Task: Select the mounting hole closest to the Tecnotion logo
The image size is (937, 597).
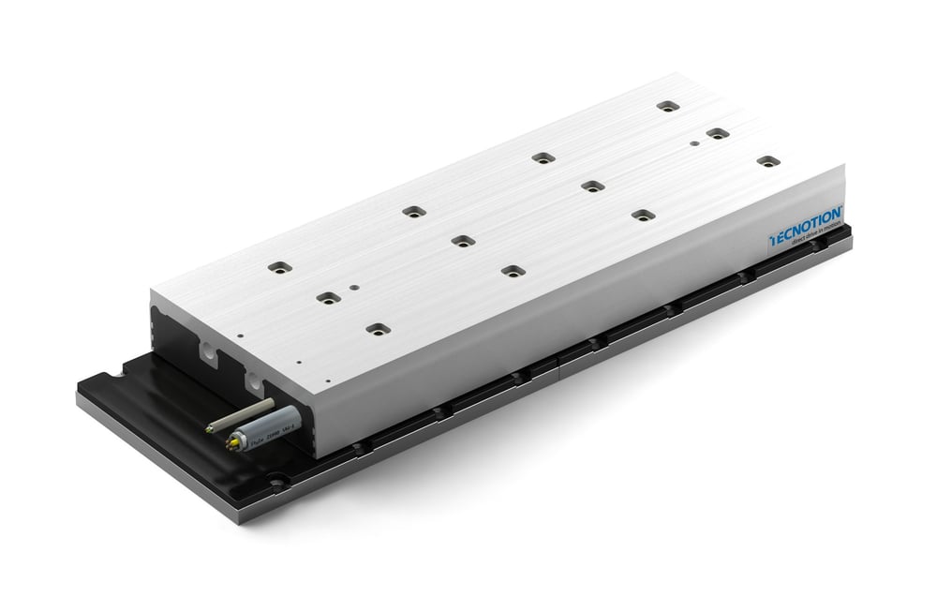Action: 767,161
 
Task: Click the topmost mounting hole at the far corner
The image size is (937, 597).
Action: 666,106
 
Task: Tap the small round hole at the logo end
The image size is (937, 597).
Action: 692,143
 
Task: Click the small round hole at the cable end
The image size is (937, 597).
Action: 353,289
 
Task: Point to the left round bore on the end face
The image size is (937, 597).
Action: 208,351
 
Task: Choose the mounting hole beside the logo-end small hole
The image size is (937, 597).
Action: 717,133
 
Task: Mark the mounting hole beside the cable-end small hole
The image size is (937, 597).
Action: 326,299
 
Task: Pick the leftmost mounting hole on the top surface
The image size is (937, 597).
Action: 275,268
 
